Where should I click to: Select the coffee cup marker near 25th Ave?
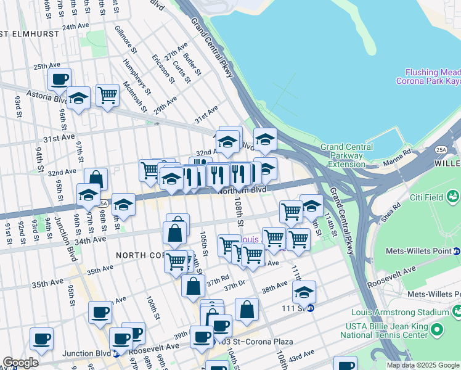(60, 79)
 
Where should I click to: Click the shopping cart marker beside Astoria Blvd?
(107, 95)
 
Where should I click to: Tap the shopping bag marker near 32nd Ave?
(96, 179)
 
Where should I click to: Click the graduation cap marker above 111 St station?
(304, 292)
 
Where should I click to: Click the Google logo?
(20, 363)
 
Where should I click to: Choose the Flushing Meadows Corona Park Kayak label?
(431, 77)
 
